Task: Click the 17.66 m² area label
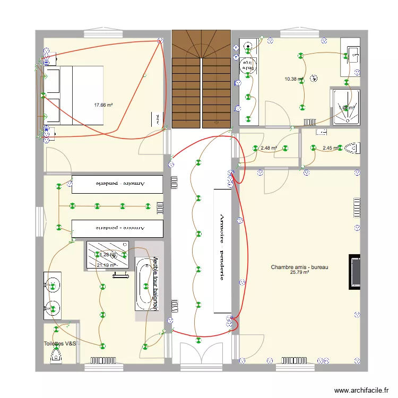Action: click(103, 105)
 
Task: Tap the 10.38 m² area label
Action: click(293, 79)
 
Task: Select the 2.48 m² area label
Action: click(269, 148)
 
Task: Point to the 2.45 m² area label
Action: click(331, 148)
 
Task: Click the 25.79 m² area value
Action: click(299, 273)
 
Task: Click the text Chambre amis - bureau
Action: click(299, 267)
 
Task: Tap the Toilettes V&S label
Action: click(60, 344)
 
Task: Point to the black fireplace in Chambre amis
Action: click(354, 272)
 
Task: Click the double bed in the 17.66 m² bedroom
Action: click(74, 96)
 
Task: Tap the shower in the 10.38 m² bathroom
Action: click(346, 107)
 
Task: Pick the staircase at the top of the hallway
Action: click(201, 79)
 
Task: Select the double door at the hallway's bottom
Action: click(202, 353)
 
